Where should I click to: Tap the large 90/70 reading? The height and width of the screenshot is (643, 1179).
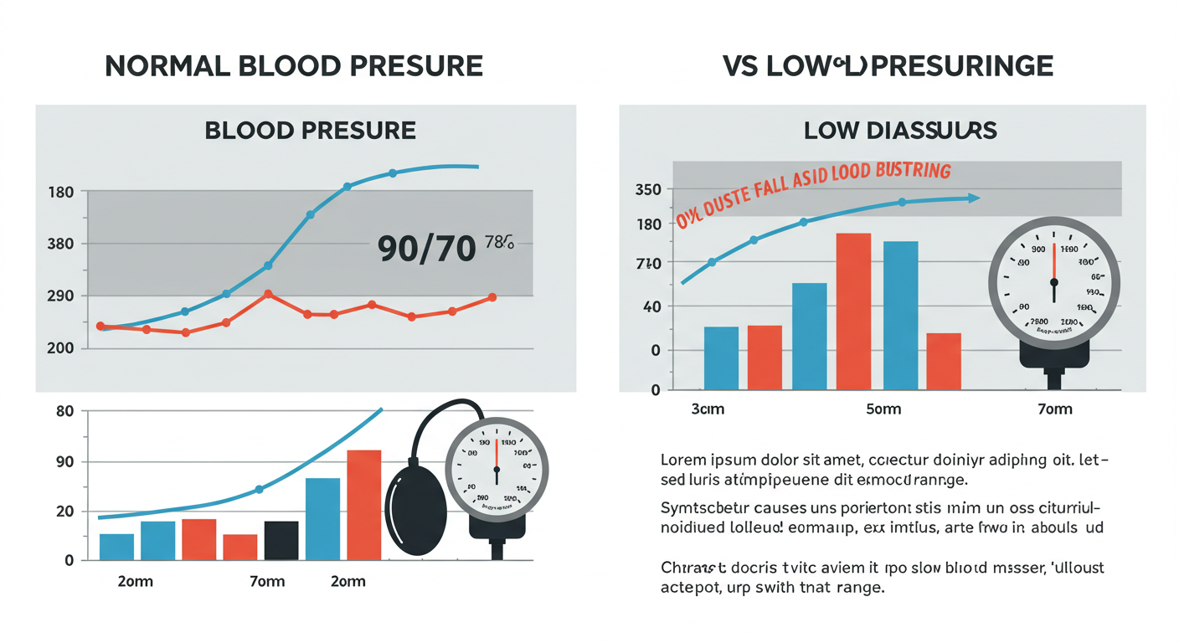pos(426,249)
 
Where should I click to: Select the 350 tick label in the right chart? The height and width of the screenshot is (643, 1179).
pos(649,189)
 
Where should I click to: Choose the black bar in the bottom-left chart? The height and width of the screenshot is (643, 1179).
pos(281,540)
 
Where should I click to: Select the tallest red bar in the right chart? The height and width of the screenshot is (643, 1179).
pos(853,311)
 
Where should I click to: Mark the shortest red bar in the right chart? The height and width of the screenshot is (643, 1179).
pos(944,361)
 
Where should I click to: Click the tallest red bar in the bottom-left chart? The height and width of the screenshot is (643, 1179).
pos(364,504)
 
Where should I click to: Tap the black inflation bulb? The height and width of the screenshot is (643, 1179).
pos(416,511)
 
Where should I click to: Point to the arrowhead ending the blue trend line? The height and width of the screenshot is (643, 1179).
pos(974,198)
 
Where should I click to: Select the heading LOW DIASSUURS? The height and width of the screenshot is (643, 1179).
pos(900,131)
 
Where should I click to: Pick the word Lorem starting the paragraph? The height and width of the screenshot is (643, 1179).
pos(682,460)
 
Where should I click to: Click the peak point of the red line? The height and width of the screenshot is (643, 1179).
pos(267,294)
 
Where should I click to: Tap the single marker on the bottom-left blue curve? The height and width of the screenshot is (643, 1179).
pos(259,489)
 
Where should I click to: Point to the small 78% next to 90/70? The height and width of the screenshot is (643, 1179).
pos(498,244)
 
